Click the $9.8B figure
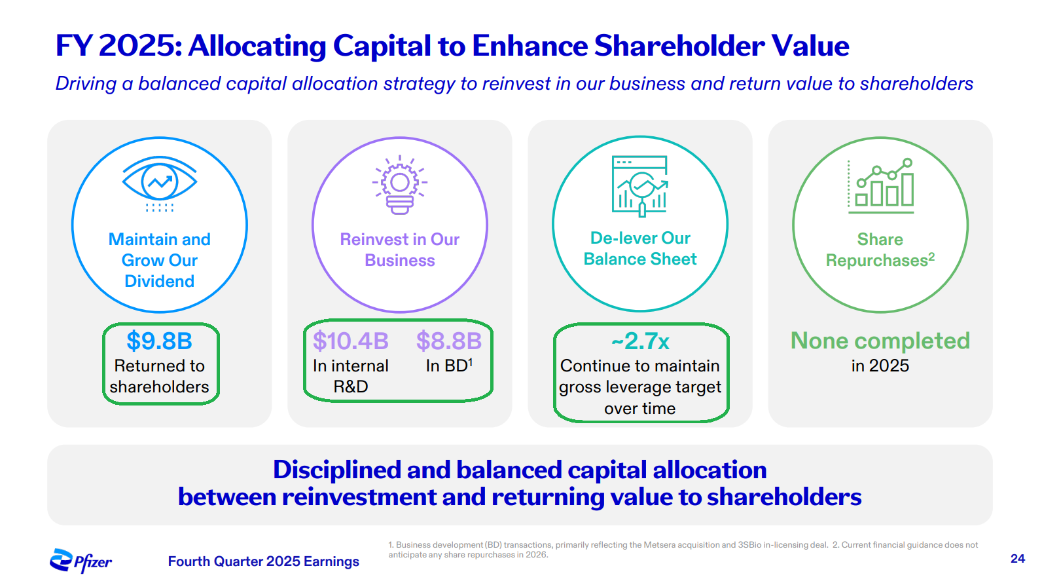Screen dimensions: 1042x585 coord(159,341)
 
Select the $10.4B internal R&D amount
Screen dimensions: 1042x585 coord(350,341)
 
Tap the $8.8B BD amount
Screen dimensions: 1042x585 coord(448,341)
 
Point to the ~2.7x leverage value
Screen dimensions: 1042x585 coord(640,341)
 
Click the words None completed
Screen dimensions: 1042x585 coord(880,341)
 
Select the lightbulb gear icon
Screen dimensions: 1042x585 coord(400,185)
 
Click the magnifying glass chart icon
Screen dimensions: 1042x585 coord(640,186)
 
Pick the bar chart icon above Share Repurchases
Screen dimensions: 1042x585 coord(880,186)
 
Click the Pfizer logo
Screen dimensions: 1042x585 coord(81,561)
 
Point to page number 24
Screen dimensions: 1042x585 coord(1017,558)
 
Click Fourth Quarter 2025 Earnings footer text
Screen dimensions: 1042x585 coord(263,561)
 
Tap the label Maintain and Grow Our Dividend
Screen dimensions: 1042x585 coord(160,260)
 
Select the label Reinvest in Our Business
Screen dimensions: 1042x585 coord(400,250)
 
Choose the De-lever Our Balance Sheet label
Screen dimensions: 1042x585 coord(640,248)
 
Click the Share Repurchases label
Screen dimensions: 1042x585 coord(880,250)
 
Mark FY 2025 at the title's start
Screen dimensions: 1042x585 coord(118,46)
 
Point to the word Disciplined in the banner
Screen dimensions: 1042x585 coord(337,470)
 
